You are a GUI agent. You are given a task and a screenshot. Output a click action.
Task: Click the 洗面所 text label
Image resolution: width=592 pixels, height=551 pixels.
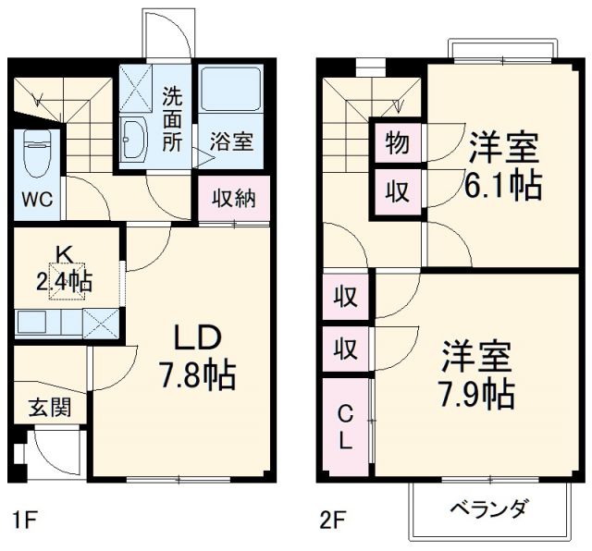coord(173,117)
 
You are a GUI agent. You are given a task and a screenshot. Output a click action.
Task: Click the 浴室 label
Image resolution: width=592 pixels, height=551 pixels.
coord(229,143)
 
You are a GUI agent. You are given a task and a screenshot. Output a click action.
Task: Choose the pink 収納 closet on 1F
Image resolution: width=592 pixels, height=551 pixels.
coord(235,198)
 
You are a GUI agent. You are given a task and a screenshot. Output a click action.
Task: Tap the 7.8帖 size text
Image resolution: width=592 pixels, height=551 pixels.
coord(195,375)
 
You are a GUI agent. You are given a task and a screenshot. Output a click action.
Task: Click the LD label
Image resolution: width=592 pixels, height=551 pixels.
coord(196,338)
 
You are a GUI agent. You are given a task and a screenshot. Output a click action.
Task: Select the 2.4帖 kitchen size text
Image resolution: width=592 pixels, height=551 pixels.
coord(64,283)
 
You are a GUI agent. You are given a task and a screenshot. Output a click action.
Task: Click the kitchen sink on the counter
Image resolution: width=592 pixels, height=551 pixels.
coord(38,323)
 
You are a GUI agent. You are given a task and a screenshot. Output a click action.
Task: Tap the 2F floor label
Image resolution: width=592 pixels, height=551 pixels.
coord(330,518)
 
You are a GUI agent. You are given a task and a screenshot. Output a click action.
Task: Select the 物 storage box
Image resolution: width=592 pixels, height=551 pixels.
coord(397,143)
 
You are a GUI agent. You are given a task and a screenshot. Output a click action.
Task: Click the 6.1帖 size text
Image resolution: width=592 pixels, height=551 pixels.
coord(503,185)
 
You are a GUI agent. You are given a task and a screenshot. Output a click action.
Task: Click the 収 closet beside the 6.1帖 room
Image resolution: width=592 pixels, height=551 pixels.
coord(397,191)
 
